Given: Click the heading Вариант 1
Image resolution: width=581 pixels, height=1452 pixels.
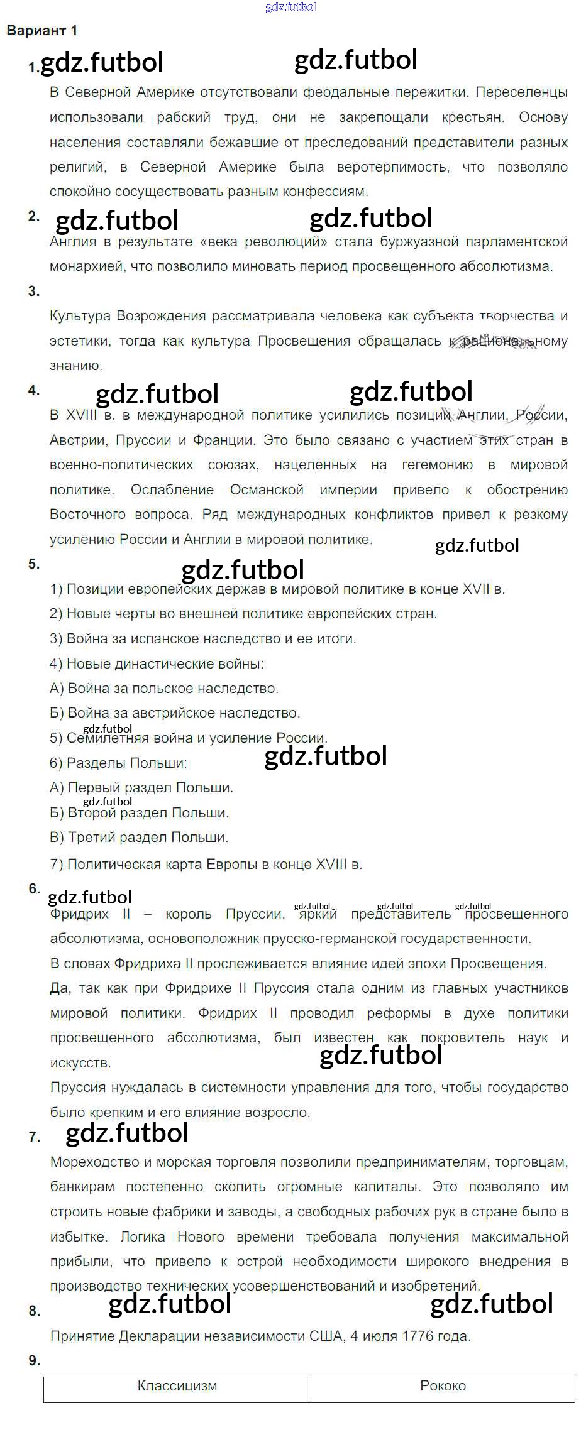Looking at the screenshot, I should coord(41,30).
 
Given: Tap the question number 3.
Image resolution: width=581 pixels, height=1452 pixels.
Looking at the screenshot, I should coord(34,291).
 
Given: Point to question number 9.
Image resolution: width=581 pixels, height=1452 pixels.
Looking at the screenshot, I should coord(34,1360).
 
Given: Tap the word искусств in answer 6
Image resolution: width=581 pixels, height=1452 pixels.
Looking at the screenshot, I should coord(80,1063).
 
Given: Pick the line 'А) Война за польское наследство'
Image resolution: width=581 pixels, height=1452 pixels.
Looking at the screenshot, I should coord(163,688).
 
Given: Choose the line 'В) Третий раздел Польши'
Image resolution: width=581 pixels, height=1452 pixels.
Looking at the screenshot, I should coord(139,837).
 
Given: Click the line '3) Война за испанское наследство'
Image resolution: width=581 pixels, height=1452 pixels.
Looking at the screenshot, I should coord(202,638).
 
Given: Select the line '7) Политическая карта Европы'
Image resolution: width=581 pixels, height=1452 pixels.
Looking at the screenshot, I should coord(206,864).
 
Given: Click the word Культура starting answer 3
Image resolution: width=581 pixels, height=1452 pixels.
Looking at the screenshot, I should coord(80,315).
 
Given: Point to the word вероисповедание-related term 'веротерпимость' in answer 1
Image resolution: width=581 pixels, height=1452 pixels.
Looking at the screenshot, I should coord(393,167).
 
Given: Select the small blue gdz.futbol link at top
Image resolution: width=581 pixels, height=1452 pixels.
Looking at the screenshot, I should coord(290,7).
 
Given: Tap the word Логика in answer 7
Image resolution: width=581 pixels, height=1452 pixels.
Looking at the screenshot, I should coord(142,1236).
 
